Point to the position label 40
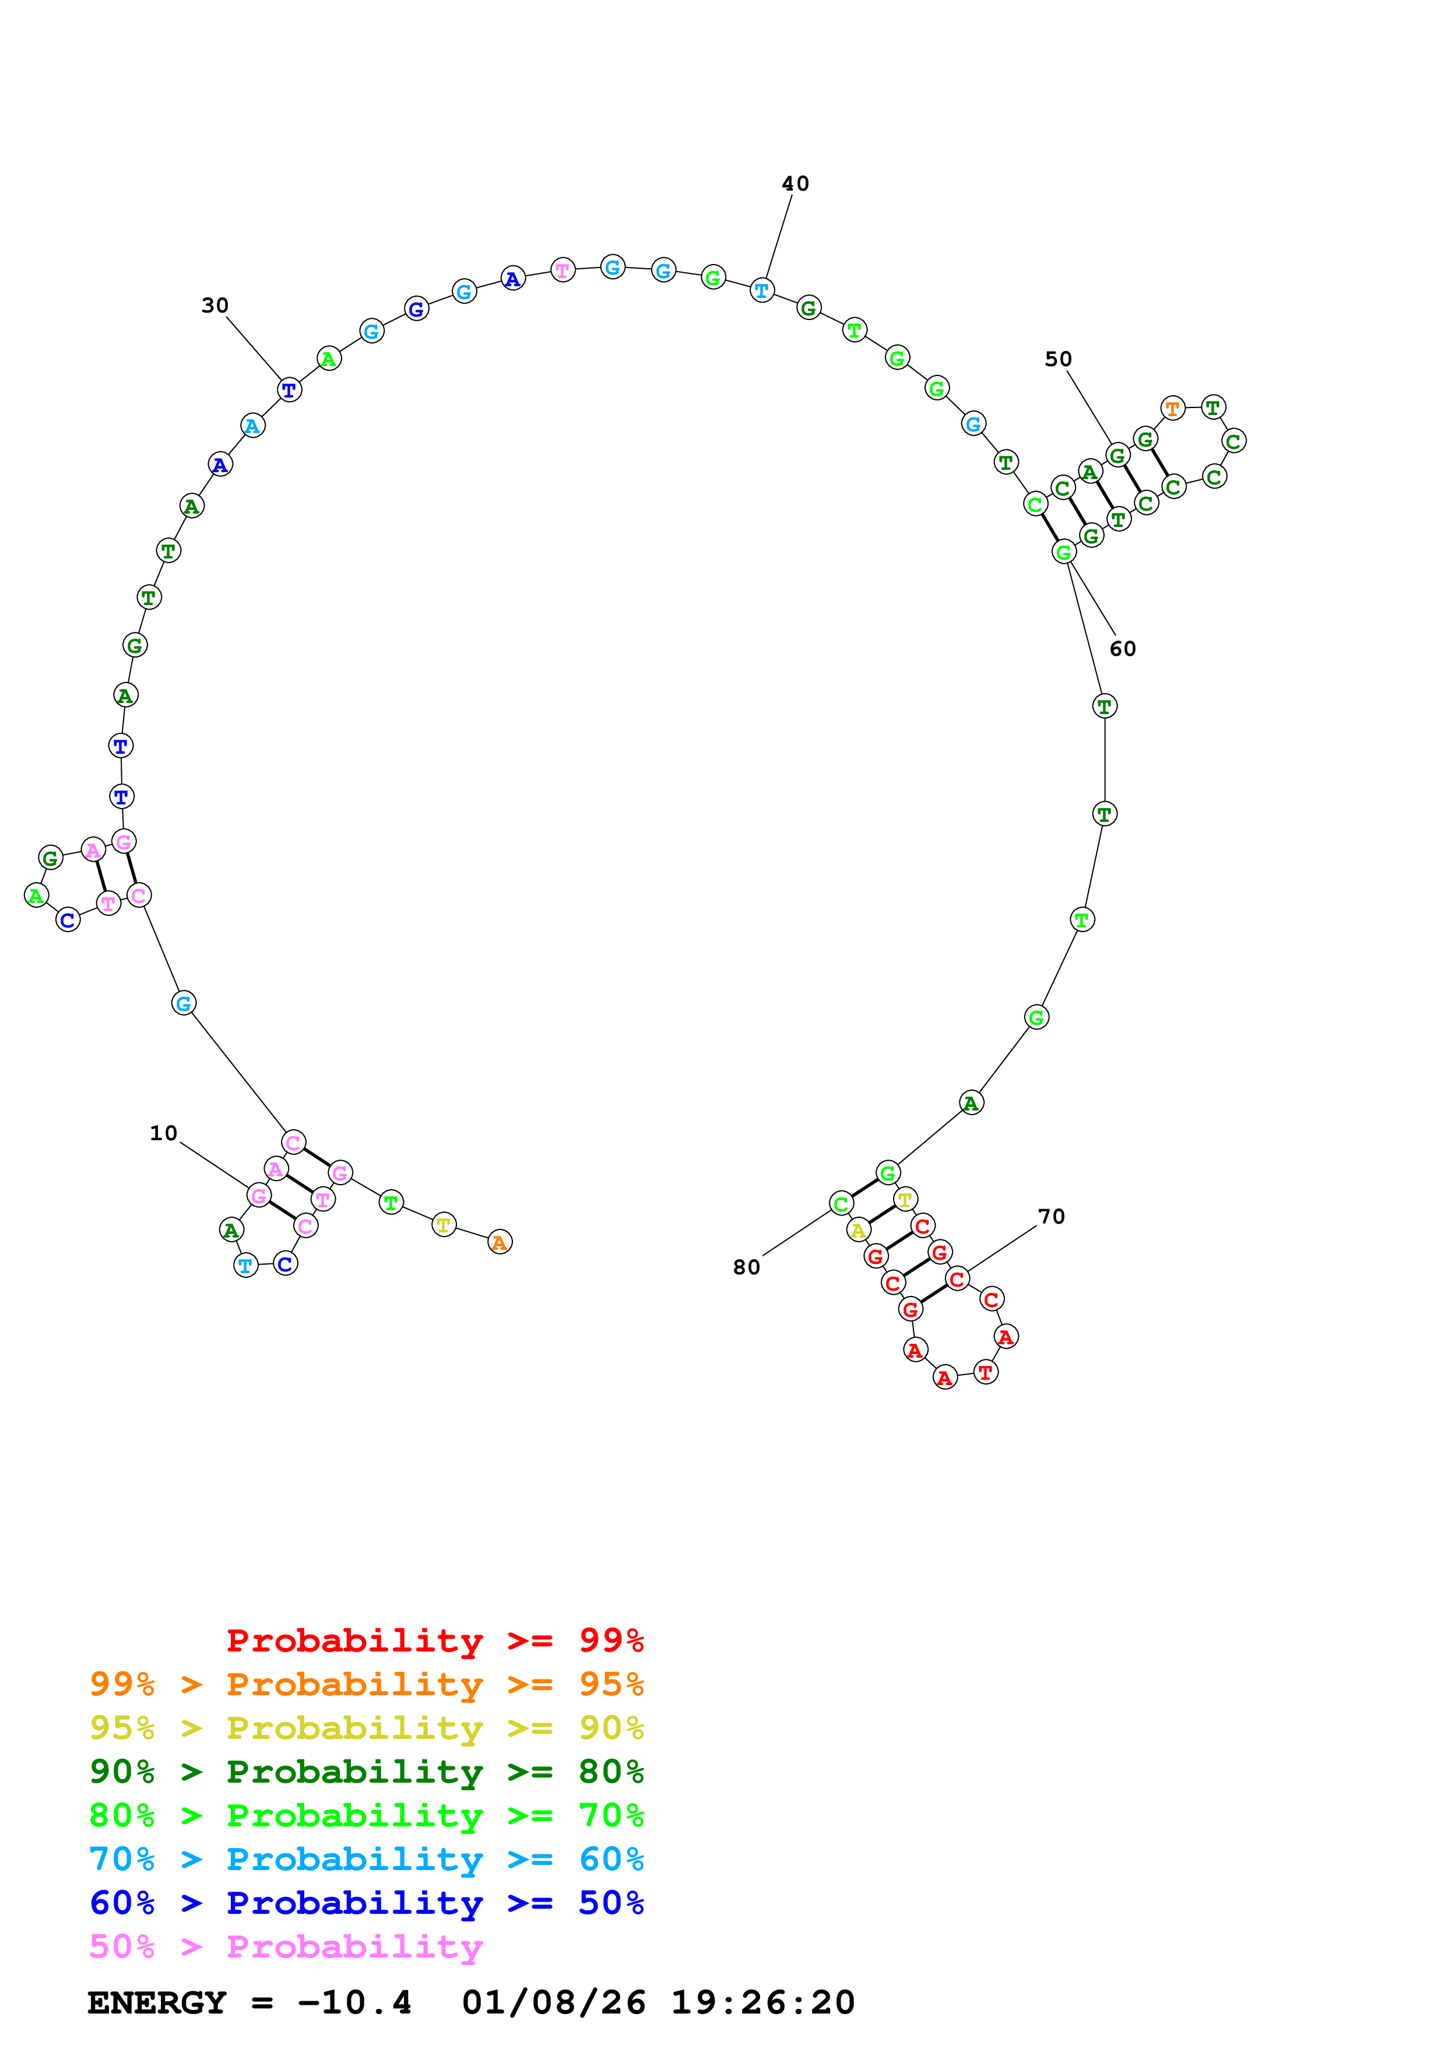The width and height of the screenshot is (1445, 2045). coord(795,184)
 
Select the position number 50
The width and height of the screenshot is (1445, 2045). coord(1058,360)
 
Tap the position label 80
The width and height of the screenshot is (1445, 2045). coord(746,1267)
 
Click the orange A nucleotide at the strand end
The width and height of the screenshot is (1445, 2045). coord(500,1242)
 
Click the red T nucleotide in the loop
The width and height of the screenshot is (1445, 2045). coord(985,1372)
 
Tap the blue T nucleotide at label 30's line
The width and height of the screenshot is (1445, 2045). coord(289,390)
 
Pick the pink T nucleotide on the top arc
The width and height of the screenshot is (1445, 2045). coord(562,270)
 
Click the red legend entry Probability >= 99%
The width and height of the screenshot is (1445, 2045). coord(434,1640)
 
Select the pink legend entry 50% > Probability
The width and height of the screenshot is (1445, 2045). coord(286,1947)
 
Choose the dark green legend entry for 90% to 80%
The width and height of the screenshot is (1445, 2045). coord(366,1772)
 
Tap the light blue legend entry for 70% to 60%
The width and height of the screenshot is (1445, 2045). coord(366,1859)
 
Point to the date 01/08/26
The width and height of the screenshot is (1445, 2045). coord(554,2003)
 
